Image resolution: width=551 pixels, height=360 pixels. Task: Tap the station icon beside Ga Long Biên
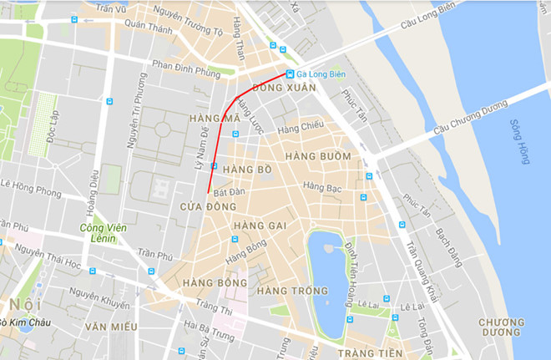point(290,74)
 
